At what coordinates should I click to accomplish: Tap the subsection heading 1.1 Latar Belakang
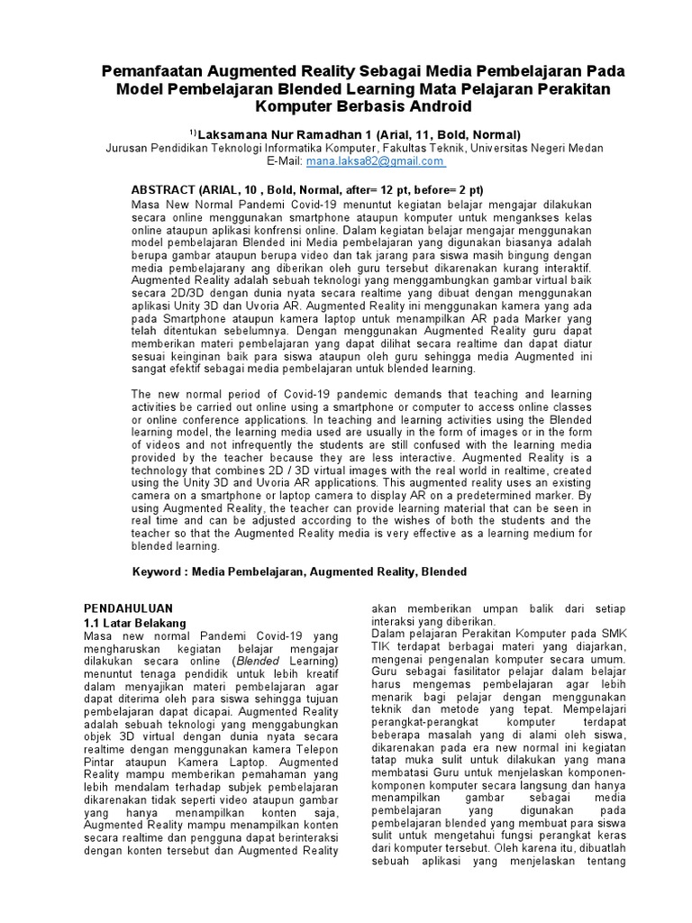(x=128, y=623)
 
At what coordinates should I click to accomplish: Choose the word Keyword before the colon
(x=159, y=572)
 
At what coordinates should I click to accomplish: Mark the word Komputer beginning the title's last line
(x=293, y=106)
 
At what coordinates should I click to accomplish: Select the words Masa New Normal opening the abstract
(x=176, y=205)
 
